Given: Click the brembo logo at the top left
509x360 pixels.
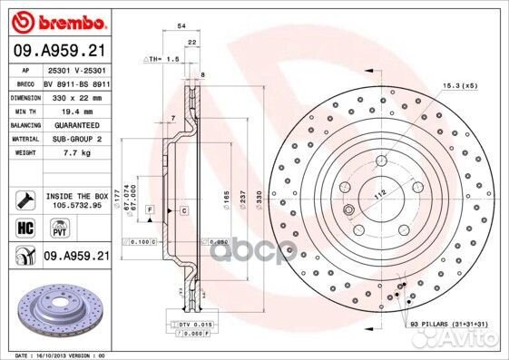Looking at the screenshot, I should (x=55, y=19).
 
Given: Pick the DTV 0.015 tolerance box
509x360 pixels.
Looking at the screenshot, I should (x=191, y=325).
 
